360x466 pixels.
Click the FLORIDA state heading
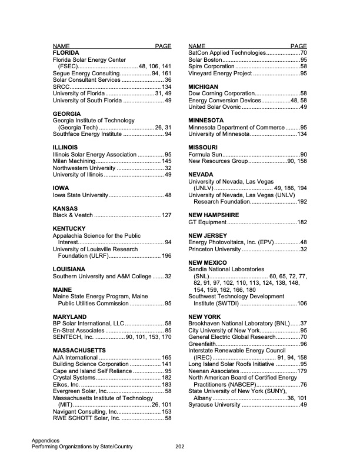(x=66, y=53)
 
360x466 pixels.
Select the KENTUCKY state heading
(x=69, y=228)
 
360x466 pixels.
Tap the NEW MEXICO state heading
(x=207, y=262)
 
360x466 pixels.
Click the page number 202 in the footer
(x=181, y=447)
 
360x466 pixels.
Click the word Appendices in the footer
(x=47, y=440)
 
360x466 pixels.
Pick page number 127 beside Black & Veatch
(x=166, y=215)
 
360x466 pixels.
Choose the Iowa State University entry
(x=80, y=195)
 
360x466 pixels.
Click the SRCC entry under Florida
(x=61, y=86)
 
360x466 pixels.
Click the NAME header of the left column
(x=62, y=46)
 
